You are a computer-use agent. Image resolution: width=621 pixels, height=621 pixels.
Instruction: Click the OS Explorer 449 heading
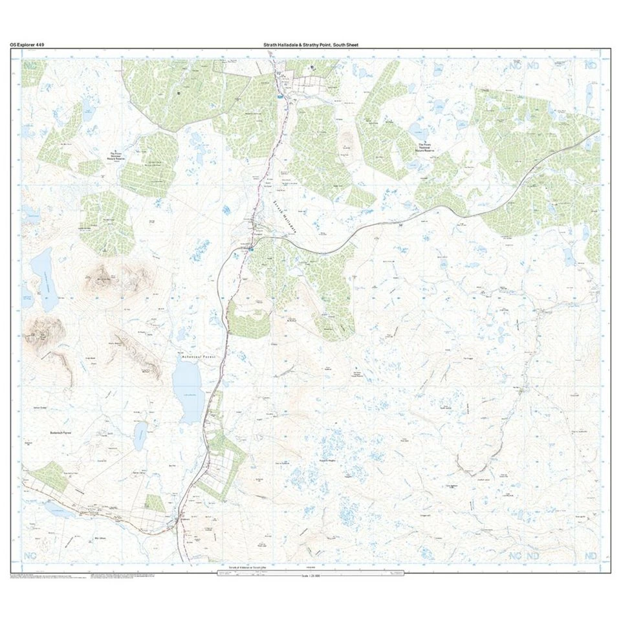point(27,45)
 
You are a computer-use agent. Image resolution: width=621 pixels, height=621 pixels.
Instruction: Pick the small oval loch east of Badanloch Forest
point(140,436)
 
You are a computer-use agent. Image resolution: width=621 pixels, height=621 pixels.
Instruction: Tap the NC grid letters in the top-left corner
point(30,65)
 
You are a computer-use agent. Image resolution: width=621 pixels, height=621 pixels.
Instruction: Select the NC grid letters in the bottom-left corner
point(30,556)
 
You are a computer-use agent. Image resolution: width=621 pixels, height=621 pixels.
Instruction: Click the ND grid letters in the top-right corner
point(589,65)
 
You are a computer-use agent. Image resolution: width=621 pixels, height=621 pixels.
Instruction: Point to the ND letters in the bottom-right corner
point(589,556)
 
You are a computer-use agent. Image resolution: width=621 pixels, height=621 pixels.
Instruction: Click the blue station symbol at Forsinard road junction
point(252,247)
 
